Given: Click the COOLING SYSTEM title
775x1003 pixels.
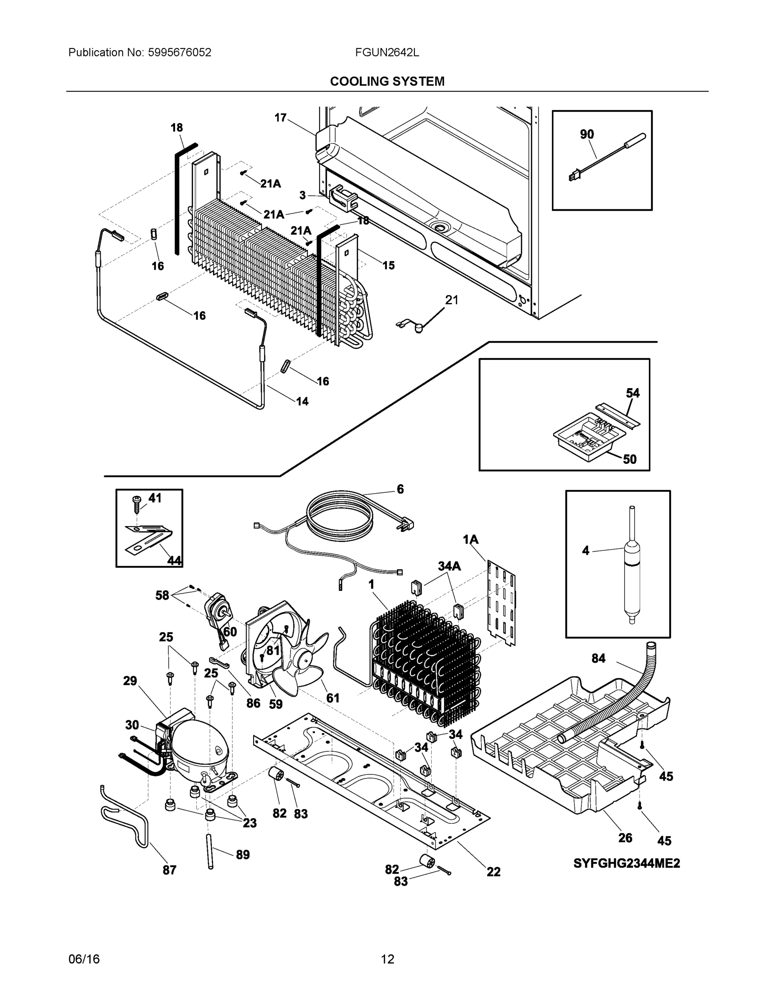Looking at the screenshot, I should [x=387, y=81].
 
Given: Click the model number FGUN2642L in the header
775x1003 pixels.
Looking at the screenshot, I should [x=386, y=52].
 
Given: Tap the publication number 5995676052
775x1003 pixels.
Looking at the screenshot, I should [x=179, y=52].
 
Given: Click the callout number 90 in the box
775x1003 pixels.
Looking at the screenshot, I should [x=587, y=134].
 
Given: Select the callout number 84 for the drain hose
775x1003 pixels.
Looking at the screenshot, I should [x=598, y=659].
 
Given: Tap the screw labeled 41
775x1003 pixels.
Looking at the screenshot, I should [x=137, y=504].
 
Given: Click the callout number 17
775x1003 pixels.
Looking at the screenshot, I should [x=280, y=118].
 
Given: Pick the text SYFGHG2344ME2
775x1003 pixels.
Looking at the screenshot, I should [x=626, y=863].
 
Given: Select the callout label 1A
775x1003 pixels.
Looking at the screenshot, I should [x=470, y=539].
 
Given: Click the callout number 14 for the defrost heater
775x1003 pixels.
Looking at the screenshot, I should [x=302, y=401].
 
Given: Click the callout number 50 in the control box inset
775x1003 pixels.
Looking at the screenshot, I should [x=630, y=459].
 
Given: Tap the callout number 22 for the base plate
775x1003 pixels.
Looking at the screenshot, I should [x=493, y=872].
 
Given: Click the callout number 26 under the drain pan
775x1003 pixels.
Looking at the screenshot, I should [x=625, y=838].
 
